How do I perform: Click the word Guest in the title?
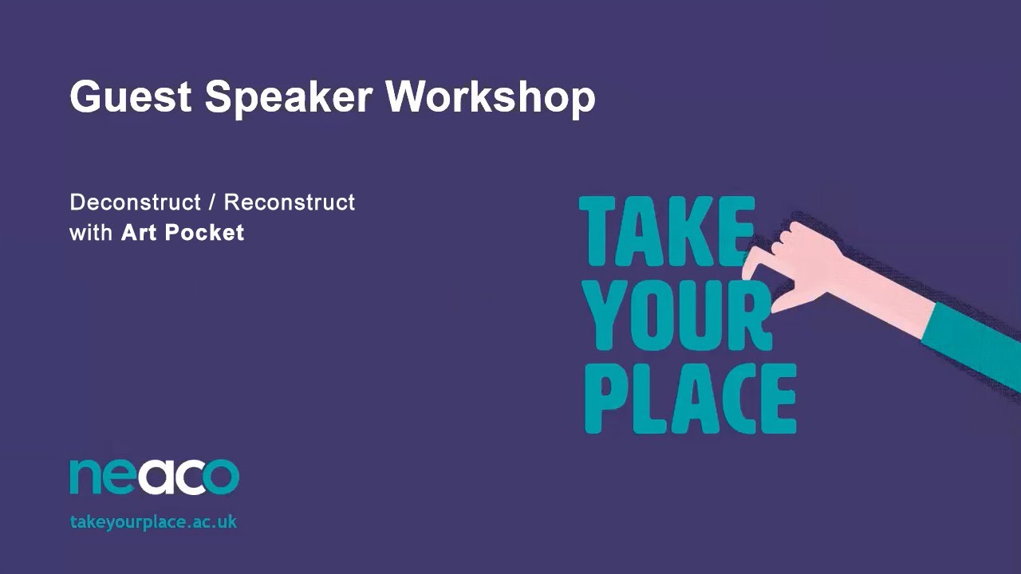[130, 96]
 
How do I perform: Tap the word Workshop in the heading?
[491, 98]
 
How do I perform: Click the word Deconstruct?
[135, 202]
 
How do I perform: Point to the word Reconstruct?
[289, 202]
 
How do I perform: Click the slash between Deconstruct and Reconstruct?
[212, 202]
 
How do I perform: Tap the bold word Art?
[139, 233]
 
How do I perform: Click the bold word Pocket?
[204, 233]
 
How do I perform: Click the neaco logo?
[154, 476]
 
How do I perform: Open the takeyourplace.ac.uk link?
[153, 522]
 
